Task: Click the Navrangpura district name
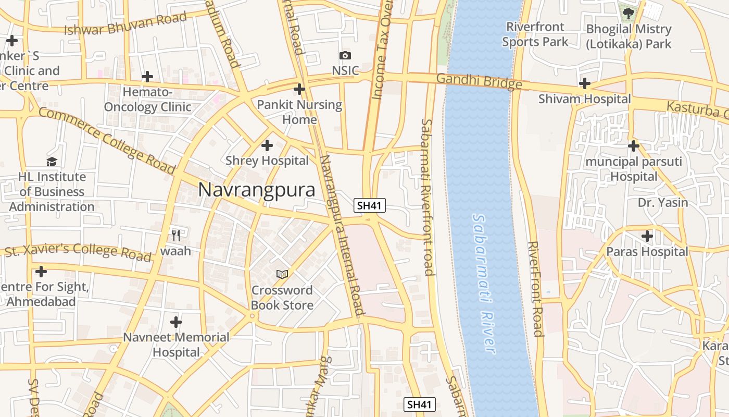click(x=257, y=190)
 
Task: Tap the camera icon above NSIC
click(x=345, y=55)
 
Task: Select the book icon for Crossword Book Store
click(x=282, y=274)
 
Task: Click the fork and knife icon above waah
click(x=176, y=236)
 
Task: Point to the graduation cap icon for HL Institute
click(x=52, y=162)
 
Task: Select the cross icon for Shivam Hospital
click(x=585, y=83)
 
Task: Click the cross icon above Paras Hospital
click(x=647, y=236)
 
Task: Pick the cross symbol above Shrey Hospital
click(x=267, y=145)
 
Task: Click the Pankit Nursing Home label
click(x=299, y=112)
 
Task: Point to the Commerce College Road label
click(x=106, y=140)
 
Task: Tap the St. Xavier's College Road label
click(x=78, y=252)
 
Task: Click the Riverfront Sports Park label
click(x=535, y=34)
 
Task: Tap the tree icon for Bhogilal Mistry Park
click(x=629, y=13)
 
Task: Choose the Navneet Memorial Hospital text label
click(x=176, y=345)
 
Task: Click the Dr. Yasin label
click(x=663, y=202)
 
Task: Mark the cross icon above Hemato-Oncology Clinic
click(x=147, y=77)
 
